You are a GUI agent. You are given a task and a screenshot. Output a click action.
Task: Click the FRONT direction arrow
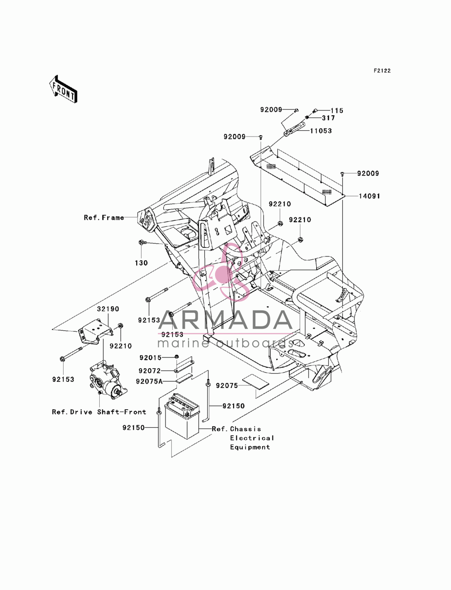pyautogui.click(x=63, y=89)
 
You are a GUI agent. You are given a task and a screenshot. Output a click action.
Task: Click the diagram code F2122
pyautogui.click(x=382, y=71)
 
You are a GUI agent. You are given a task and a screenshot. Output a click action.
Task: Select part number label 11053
pyautogui.click(x=321, y=131)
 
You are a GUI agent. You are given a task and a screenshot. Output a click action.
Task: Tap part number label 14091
pyautogui.click(x=369, y=196)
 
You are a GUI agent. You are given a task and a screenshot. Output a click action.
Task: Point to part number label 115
pyautogui.click(x=337, y=110)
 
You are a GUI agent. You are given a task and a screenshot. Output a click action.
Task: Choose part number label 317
pyautogui.click(x=328, y=118)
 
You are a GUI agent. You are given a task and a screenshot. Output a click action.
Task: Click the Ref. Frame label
pyautogui.click(x=104, y=217)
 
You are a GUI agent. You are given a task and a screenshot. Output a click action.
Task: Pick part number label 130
pyautogui.click(x=141, y=263)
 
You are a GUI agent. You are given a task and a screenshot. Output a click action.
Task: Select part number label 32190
pyautogui.click(x=108, y=309)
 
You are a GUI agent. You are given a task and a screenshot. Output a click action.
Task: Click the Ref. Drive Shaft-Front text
pyautogui.click(x=99, y=412)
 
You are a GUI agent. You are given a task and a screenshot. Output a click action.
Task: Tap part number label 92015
pyautogui.click(x=150, y=358)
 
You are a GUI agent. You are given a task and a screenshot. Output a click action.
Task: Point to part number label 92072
pyautogui.click(x=150, y=371)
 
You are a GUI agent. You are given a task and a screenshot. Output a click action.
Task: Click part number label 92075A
pyautogui.click(x=149, y=381)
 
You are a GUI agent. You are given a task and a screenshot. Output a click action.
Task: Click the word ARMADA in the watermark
pyautogui.click(x=225, y=320)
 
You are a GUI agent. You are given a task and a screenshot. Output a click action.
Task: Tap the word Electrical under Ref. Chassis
pyautogui.click(x=252, y=438)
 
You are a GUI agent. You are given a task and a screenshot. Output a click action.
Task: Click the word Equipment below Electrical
pyautogui.click(x=250, y=447)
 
